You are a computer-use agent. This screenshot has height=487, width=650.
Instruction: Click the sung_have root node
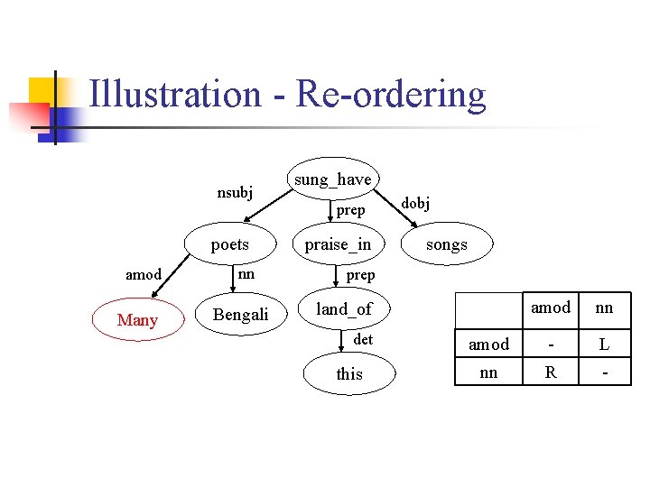[x=332, y=179]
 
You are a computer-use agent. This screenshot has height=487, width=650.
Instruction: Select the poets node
[x=229, y=244]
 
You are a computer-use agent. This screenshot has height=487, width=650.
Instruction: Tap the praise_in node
[x=338, y=244]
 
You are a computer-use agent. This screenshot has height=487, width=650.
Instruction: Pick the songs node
[x=446, y=244]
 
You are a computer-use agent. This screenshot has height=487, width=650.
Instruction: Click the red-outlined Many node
[x=137, y=320]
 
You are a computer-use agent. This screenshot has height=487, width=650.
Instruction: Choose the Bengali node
[x=240, y=315]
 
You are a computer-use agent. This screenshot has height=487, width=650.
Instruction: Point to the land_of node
[x=343, y=309]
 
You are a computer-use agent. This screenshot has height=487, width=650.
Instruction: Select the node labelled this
[x=348, y=374]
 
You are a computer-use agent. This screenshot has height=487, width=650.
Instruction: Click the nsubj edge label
[x=235, y=191]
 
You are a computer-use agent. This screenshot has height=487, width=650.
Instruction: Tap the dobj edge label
[x=415, y=204]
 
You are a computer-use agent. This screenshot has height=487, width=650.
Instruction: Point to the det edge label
[x=363, y=339]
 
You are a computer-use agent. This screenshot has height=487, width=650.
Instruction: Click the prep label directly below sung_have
[x=350, y=210]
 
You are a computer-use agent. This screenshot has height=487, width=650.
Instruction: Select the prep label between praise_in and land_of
[x=360, y=274]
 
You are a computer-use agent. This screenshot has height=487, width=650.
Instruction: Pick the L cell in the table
[x=604, y=345]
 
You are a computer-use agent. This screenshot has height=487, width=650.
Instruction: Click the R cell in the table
[x=550, y=371]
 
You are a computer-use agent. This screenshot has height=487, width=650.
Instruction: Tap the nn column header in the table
[x=604, y=308]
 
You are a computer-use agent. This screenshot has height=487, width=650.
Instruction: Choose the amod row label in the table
[x=488, y=345]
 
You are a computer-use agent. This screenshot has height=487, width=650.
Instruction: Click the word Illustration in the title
[x=175, y=95]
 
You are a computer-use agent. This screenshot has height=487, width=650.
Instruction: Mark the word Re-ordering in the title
[x=390, y=95]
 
